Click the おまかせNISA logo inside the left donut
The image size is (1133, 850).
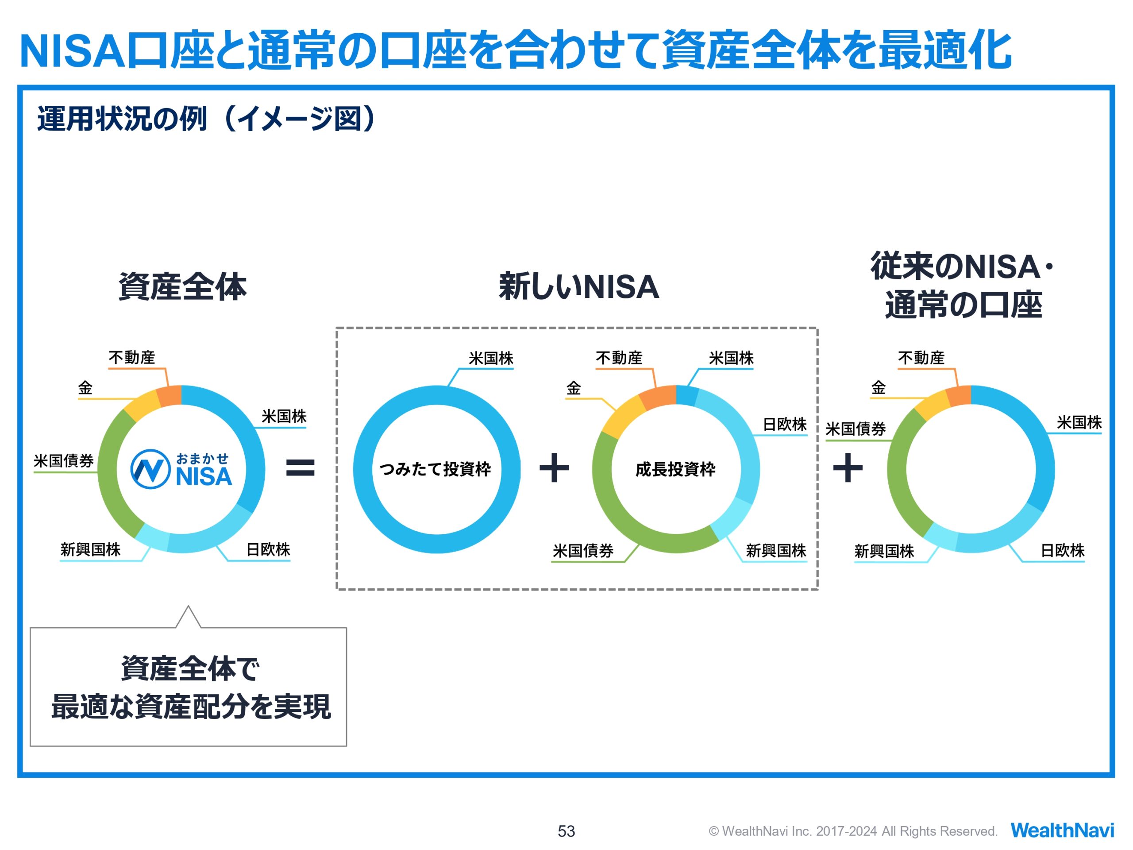(181, 469)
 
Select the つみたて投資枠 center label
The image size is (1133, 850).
(435, 469)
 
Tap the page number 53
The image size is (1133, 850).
(566, 831)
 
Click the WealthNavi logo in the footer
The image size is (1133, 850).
(1062, 830)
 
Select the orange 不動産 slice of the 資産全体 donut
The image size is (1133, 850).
(170, 395)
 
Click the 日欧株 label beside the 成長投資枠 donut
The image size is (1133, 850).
(784, 424)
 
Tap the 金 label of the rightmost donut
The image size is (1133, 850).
(879, 387)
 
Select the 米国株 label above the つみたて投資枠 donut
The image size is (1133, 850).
(491, 358)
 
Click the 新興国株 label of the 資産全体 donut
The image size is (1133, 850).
(90, 549)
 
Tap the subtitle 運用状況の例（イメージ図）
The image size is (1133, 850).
(207, 119)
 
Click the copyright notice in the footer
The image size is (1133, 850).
(853, 831)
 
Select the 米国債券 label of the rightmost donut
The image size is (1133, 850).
(856, 429)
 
